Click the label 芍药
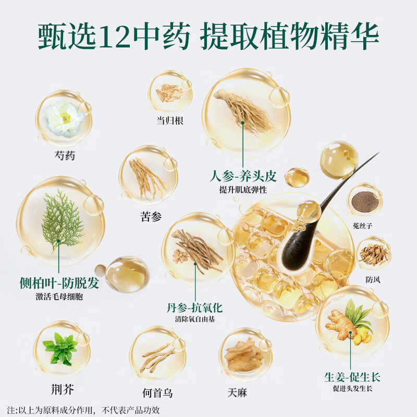(64, 155)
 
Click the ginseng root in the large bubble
(243, 110)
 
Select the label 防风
(373, 279)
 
